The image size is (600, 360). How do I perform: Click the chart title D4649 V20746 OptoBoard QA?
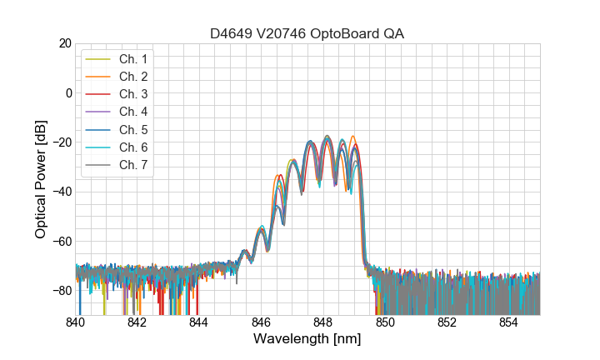point(307,33)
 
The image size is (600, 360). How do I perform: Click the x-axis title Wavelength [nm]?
point(307,340)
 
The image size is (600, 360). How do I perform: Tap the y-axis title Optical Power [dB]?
point(41,179)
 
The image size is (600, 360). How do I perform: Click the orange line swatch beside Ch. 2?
point(99,76)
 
